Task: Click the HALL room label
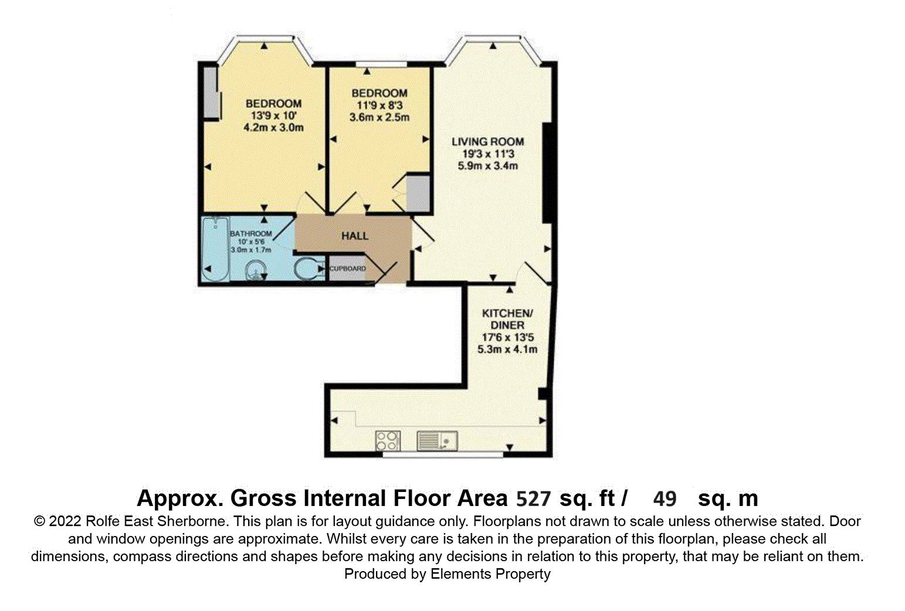pyautogui.click(x=355, y=236)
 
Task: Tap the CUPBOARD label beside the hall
pyautogui.click(x=348, y=269)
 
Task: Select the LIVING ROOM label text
pyautogui.click(x=487, y=142)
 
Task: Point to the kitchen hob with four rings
pyautogui.click(x=388, y=440)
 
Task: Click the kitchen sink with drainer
pyautogui.click(x=437, y=440)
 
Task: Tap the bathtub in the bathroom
pyautogui.click(x=215, y=249)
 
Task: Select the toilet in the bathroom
pyautogui.click(x=310, y=269)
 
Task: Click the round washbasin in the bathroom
pyautogui.click(x=256, y=270)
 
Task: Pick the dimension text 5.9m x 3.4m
pyautogui.click(x=487, y=165)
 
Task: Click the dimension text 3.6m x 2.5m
pyautogui.click(x=379, y=117)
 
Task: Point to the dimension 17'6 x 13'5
pyautogui.click(x=508, y=337)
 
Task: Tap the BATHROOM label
pyautogui.click(x=251, y=234)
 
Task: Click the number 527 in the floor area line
pyautogui.click(x=534, y=499)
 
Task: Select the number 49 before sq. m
pyautogui.click(x=665, y=499)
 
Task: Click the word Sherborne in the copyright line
pyautogui.click(x=191, y=521)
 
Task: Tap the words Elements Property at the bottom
pyautogui.click(x=490, y=574)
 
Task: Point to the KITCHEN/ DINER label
pyautogui.click(x=507, y=319)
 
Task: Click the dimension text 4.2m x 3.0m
pyautogui.click(x=273, y=128)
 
